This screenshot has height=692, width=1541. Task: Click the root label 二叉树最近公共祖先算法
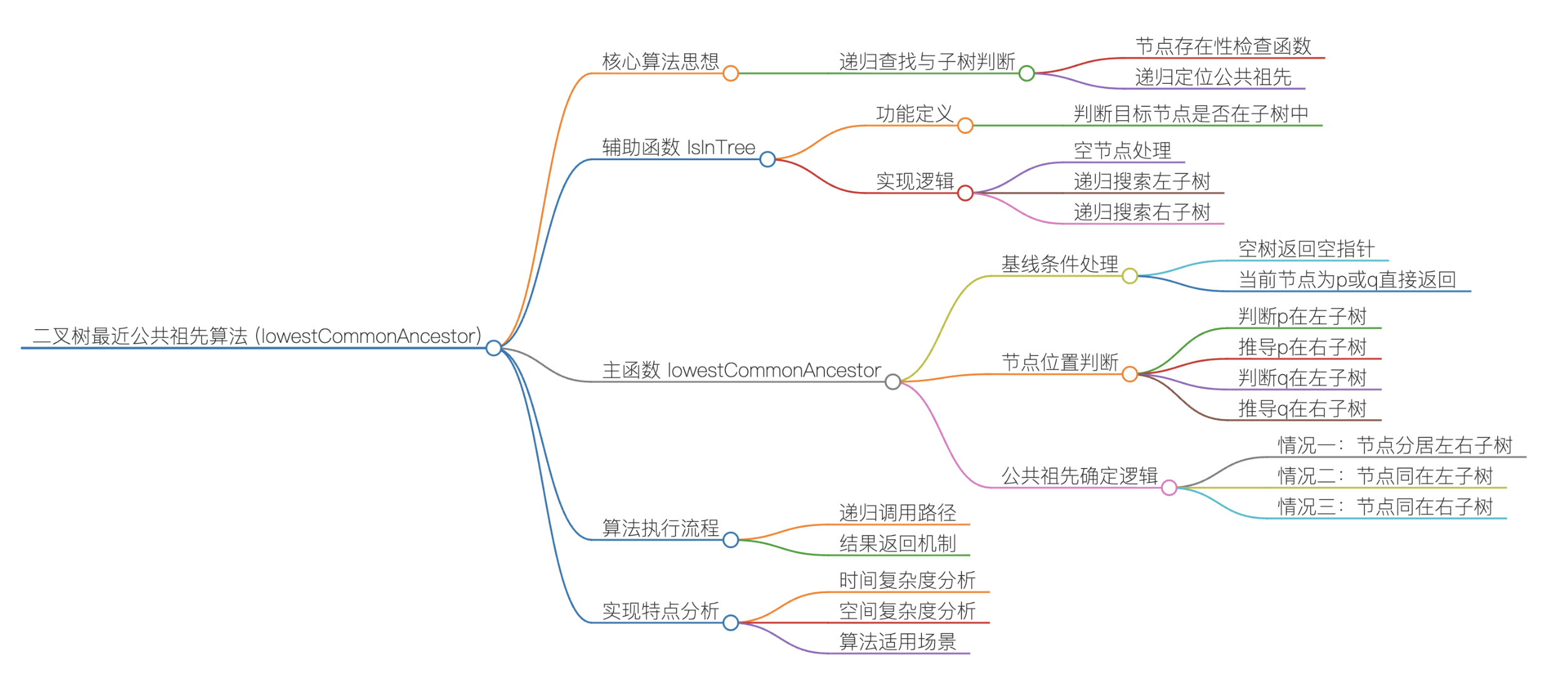pyautogui.click(x=257, y=336)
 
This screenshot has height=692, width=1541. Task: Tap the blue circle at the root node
pyautogui.click(x=493, y=348)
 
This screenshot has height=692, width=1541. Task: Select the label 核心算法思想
pyautogui.click(x=660, y=62)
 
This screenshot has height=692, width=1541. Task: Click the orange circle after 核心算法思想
pyautogui.click(x=730, y=74)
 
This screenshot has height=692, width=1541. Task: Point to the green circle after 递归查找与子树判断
pyautogui.click(x=1026, y=74)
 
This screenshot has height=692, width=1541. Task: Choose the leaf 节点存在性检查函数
pyautogui.click(x=1223, y=46)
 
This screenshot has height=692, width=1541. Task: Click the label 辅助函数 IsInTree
pyautogui.click(x=678, y=148)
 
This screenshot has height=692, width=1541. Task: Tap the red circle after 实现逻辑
pyautogui.click(x=965, y=193)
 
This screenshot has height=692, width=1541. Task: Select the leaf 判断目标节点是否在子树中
pyautogui.click(x=1191, y=114)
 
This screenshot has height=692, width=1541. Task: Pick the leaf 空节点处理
pyautogui.click(x=1122, y=151)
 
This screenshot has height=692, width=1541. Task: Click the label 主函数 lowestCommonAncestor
pyautogui.click(x=741, y=370)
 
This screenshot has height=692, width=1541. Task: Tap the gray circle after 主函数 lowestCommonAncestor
pyautogui.click(x=893, y=382)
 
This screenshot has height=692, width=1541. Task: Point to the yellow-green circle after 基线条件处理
pyautogui.click(x=1129, y=276)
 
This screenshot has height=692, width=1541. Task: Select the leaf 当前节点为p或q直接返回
pyautogui.click(x=1347, y=280)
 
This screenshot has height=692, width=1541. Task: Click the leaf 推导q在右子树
pyautogui.click(x=1302, y=409)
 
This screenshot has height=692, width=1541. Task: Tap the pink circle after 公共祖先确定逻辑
pyautogui.click(x=1169, y=488)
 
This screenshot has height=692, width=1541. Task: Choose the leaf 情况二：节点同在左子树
pyautogui.click(x=1385, y=476)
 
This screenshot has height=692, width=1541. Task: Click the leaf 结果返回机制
pyautogui.click(x=898, y=544)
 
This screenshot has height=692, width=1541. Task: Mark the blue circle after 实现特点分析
pyautogui.click(x=730, y=623)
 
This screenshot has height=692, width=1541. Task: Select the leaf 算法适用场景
pyautogui.click(x=898, y=642)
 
